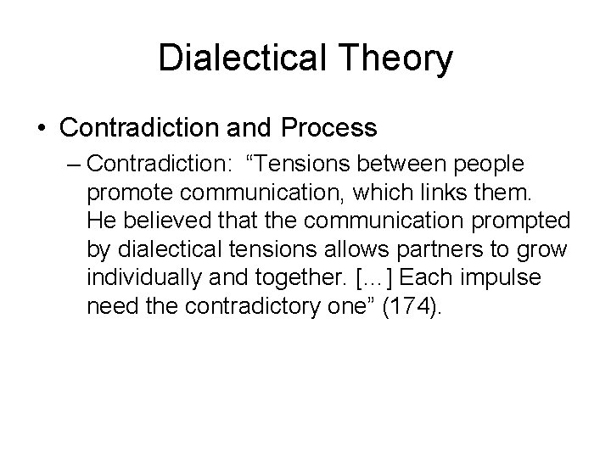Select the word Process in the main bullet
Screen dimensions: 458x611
click(x=325, y=128)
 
